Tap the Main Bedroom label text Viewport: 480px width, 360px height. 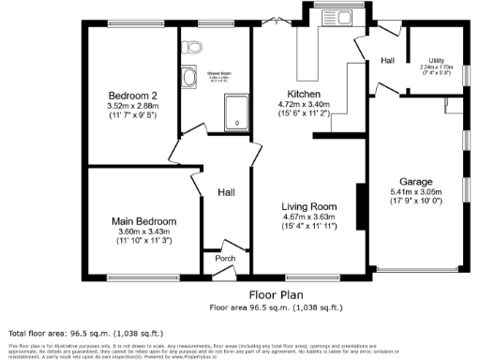[142, 221]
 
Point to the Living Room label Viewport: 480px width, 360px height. [309, 206]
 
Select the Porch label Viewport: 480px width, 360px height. [225, 258]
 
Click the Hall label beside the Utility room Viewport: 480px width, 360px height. [387, 61]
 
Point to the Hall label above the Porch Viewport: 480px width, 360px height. [226, 191]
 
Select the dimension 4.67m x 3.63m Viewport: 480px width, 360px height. [309, 217]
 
